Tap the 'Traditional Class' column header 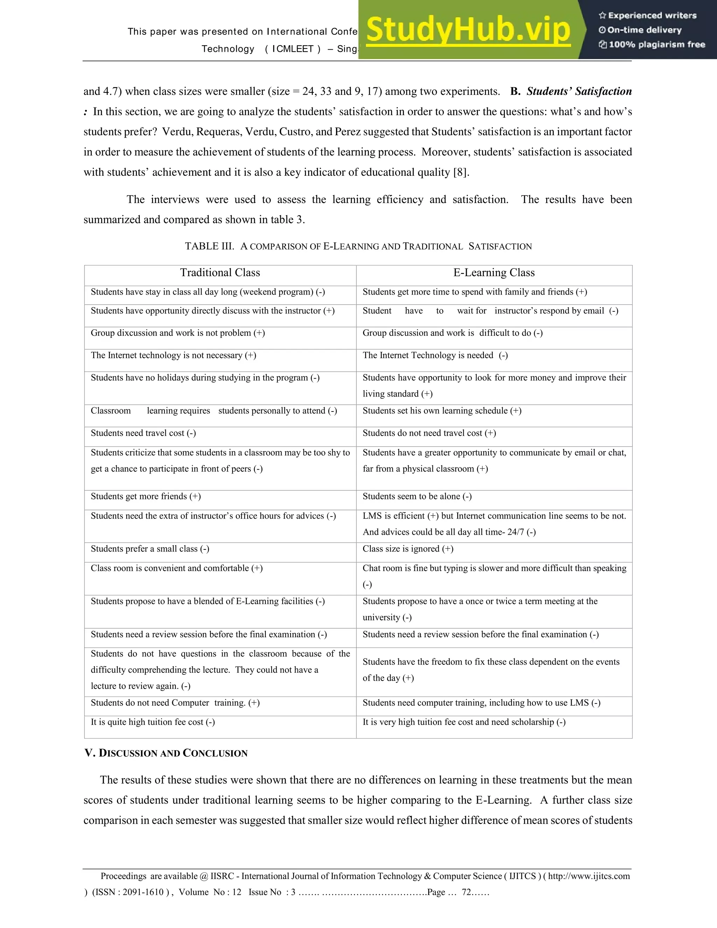click(220, 273)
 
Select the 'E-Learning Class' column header click(494, 273)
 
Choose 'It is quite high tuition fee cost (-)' click(153, 722)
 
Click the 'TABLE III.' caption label click(209, 247)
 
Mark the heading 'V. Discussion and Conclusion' click(166, 753)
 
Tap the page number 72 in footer click(466, 892)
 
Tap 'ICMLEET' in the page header click(293, 49)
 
